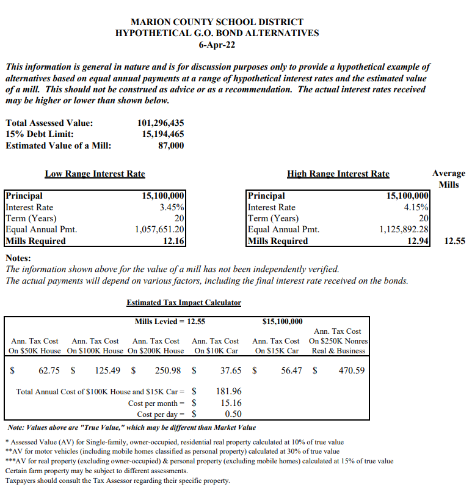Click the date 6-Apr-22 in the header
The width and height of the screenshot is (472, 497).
[217, 44]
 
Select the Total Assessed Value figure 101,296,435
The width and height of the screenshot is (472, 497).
[161, 123]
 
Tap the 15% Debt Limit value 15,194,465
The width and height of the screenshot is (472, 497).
[162, 134]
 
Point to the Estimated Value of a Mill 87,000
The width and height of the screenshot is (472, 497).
[171, 145]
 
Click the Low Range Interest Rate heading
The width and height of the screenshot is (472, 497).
[95, 174]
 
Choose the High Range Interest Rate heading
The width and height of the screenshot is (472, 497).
[338, 174]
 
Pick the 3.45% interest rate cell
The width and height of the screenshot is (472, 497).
[171, 207]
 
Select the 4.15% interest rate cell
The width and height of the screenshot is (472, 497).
[416, 207]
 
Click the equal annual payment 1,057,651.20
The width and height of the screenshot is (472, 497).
[159, 230]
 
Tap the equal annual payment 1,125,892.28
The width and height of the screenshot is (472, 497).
[404, 230]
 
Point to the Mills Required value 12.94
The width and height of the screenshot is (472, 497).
[418, 241]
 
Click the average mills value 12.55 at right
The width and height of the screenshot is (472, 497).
[454, 241]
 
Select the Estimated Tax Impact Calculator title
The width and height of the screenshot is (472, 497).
[184, 303]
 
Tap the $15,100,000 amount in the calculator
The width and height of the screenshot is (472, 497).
[281, 322]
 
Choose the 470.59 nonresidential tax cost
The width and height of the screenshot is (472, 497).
[352, 370]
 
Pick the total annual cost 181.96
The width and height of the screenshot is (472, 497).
[229, 391]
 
